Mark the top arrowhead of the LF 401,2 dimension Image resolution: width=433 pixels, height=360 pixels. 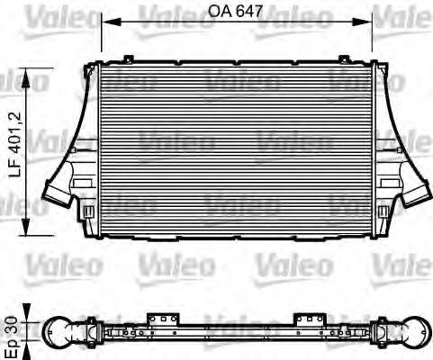[35, 75]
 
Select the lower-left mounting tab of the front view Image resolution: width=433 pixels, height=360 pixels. [88, 212]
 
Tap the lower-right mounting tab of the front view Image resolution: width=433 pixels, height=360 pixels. [386, 212]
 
